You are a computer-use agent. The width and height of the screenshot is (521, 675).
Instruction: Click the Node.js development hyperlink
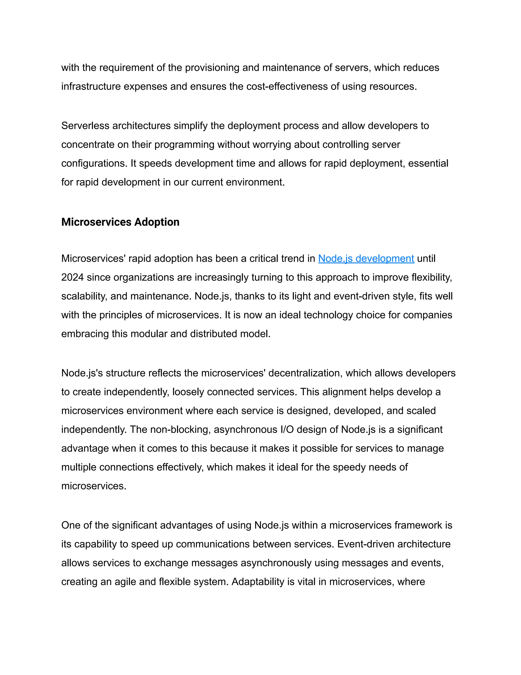pos(366,258)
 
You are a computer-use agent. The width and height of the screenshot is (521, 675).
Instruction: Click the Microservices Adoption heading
pos(120,222)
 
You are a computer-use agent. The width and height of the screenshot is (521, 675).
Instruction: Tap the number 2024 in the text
pos(72,277)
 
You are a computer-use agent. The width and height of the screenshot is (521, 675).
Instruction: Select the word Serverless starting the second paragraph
pos(85,126)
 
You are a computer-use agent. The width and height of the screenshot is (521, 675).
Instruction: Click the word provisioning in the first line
pos(212,67)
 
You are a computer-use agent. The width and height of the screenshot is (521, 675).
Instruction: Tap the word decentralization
pos(305,373)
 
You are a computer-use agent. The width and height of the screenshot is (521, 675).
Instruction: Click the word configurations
pos(94,163)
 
